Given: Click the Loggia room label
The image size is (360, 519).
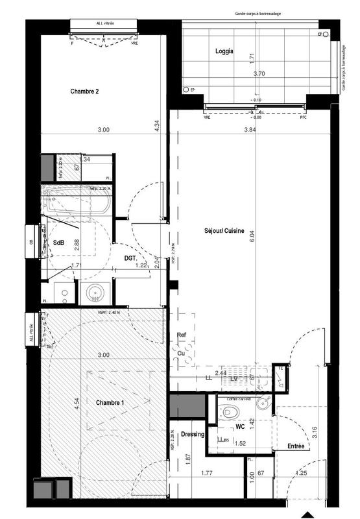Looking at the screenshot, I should [224, 51].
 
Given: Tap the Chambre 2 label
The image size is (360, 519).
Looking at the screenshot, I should [84, 91].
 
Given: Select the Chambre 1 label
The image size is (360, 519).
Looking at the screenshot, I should [110, 403].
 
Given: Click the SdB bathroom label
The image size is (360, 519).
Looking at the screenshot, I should [58, 243].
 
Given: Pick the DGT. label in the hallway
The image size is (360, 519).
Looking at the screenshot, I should [134, 258].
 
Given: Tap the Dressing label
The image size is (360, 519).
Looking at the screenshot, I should [193, 434].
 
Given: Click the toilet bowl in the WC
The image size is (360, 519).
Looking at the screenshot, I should [225, 411].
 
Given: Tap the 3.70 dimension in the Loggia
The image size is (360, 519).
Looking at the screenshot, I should [258, 73].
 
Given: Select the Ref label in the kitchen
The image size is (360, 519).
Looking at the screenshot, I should [182, 335].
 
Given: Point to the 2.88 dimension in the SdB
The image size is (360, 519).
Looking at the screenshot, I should [77, 245].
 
